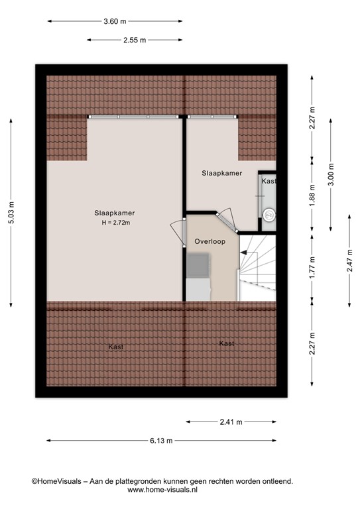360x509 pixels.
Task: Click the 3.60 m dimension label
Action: (x=115, y=21)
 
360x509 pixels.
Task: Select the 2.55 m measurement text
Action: (x=134, y=40)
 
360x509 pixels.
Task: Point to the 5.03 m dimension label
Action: (x=11, y=213)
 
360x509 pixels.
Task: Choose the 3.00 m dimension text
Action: (x=331, y=174)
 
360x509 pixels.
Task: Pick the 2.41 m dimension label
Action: (x=231, y=422)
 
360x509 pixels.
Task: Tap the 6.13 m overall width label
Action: (x=160, y=440)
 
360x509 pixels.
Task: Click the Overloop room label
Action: (x=206, y=242)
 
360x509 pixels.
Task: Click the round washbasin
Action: (x=269, y=215)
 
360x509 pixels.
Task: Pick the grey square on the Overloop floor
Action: (x=198, y=266)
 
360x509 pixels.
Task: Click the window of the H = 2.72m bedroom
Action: (x=135, y=117)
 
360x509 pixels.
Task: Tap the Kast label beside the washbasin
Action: (x=268, y=181)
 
